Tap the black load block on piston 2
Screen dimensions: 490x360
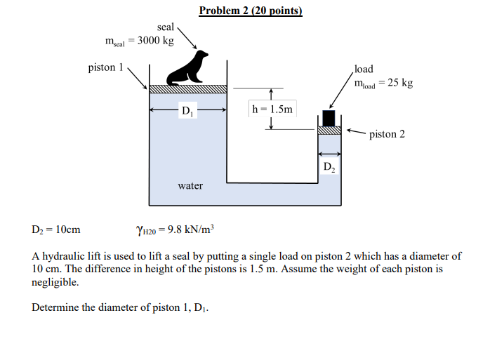[329, 118]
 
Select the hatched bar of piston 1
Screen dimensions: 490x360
[188, 89]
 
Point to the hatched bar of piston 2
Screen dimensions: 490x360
[329, 130]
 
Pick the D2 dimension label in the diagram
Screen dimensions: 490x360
[329, 167]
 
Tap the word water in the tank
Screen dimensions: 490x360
[190, 185]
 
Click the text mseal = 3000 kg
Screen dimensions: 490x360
[139, 41]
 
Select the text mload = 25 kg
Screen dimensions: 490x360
[383, 83]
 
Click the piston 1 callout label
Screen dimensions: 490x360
[105, 68]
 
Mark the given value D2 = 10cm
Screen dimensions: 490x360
[56, 229]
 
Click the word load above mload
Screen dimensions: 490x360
[364, 69]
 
